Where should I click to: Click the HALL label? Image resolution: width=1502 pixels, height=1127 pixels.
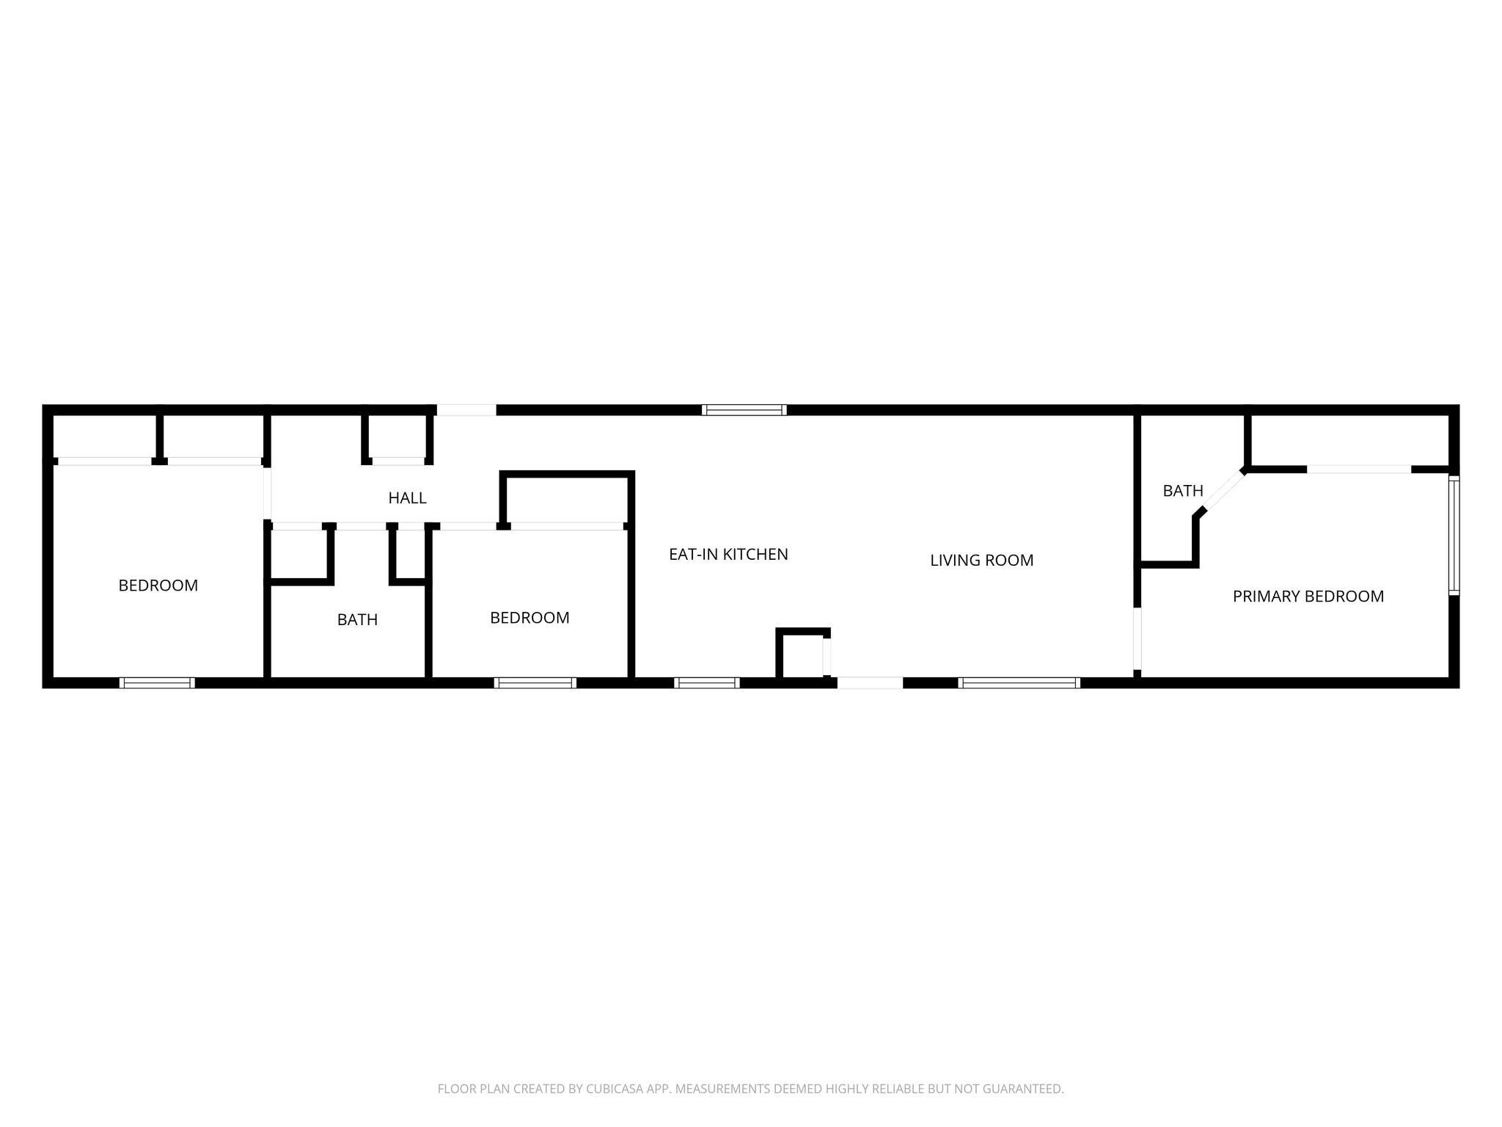[x=407, y=498]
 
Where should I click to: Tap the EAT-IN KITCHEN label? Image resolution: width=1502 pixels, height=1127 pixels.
[x=728, y=555]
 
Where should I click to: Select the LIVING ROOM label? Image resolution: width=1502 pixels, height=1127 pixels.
[x=981, y=561]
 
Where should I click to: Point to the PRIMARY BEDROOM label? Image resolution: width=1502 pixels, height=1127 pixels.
[x=1308, y=597]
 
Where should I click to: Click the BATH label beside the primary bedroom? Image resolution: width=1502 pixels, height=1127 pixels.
[x=1183, y=491]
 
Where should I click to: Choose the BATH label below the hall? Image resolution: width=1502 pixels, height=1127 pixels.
[x=357, y=620]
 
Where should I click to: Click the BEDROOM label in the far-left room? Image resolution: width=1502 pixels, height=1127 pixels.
[x=158, y=586]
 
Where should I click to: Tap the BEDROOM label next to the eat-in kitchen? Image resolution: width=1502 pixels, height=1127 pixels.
[x=530, y=618]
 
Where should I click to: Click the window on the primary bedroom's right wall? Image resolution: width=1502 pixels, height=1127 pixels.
[x=1454, y=535]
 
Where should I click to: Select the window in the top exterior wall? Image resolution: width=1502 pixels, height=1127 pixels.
[x=744, y=410]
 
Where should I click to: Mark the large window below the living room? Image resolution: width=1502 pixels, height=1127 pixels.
[x=1019, y=683]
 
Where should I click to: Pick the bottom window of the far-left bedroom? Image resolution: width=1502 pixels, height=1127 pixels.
[x=157, y=683]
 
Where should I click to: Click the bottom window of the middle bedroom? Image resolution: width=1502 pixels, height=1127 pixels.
[x=535, y=683]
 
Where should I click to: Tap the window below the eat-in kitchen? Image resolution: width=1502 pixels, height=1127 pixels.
[x=706, y=683]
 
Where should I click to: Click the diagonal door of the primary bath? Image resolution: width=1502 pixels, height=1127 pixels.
[x=1223, y=490]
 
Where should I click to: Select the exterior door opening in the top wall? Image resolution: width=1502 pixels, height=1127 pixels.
[x=466, y=410]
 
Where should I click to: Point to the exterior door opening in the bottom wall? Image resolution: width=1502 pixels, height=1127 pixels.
[x=870, y=683]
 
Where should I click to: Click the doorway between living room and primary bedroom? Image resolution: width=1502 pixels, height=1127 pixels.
[x=1138, y=638]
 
